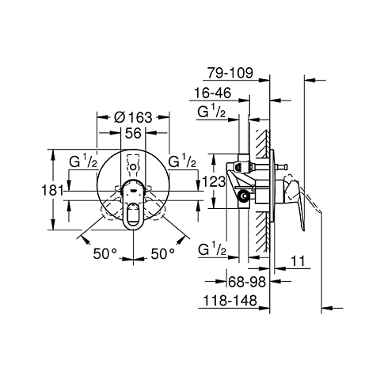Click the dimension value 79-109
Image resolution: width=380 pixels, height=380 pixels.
(230, 73)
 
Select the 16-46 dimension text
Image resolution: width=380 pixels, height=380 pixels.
(213, 93)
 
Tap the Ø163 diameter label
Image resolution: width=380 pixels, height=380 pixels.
(133, 117)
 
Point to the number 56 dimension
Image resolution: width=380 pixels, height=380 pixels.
(133, 133)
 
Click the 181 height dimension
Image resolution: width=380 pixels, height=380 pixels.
(53, 190)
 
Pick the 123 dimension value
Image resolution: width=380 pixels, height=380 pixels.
(214, 181)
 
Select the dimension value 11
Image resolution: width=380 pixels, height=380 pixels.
(298, 261)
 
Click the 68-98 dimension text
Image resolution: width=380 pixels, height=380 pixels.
(247, 282)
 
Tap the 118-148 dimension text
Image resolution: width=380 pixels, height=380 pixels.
(230, 301)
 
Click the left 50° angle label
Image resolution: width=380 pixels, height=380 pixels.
(104, 254)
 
